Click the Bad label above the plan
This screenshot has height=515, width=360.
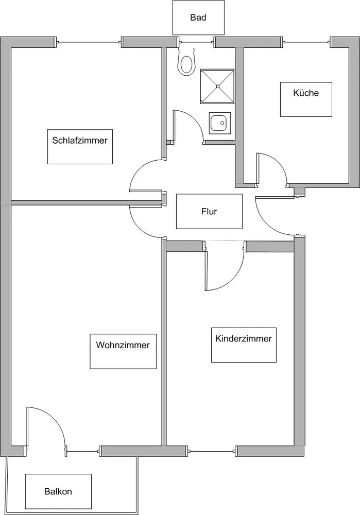tap(198, 18)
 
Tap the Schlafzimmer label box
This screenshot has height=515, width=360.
tap(80, 146)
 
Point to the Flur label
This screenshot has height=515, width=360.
tap(209, 211)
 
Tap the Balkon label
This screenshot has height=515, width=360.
tap(58, 491)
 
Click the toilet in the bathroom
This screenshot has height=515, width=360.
tap(186, 62)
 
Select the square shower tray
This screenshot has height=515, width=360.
tap(217, 87)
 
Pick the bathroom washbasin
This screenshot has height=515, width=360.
tap(220, 123)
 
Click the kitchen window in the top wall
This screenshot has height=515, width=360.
tap(306, 42)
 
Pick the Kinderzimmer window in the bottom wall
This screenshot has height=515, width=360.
tap(212, 451)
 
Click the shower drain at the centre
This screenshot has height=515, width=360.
tap(217, 87)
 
